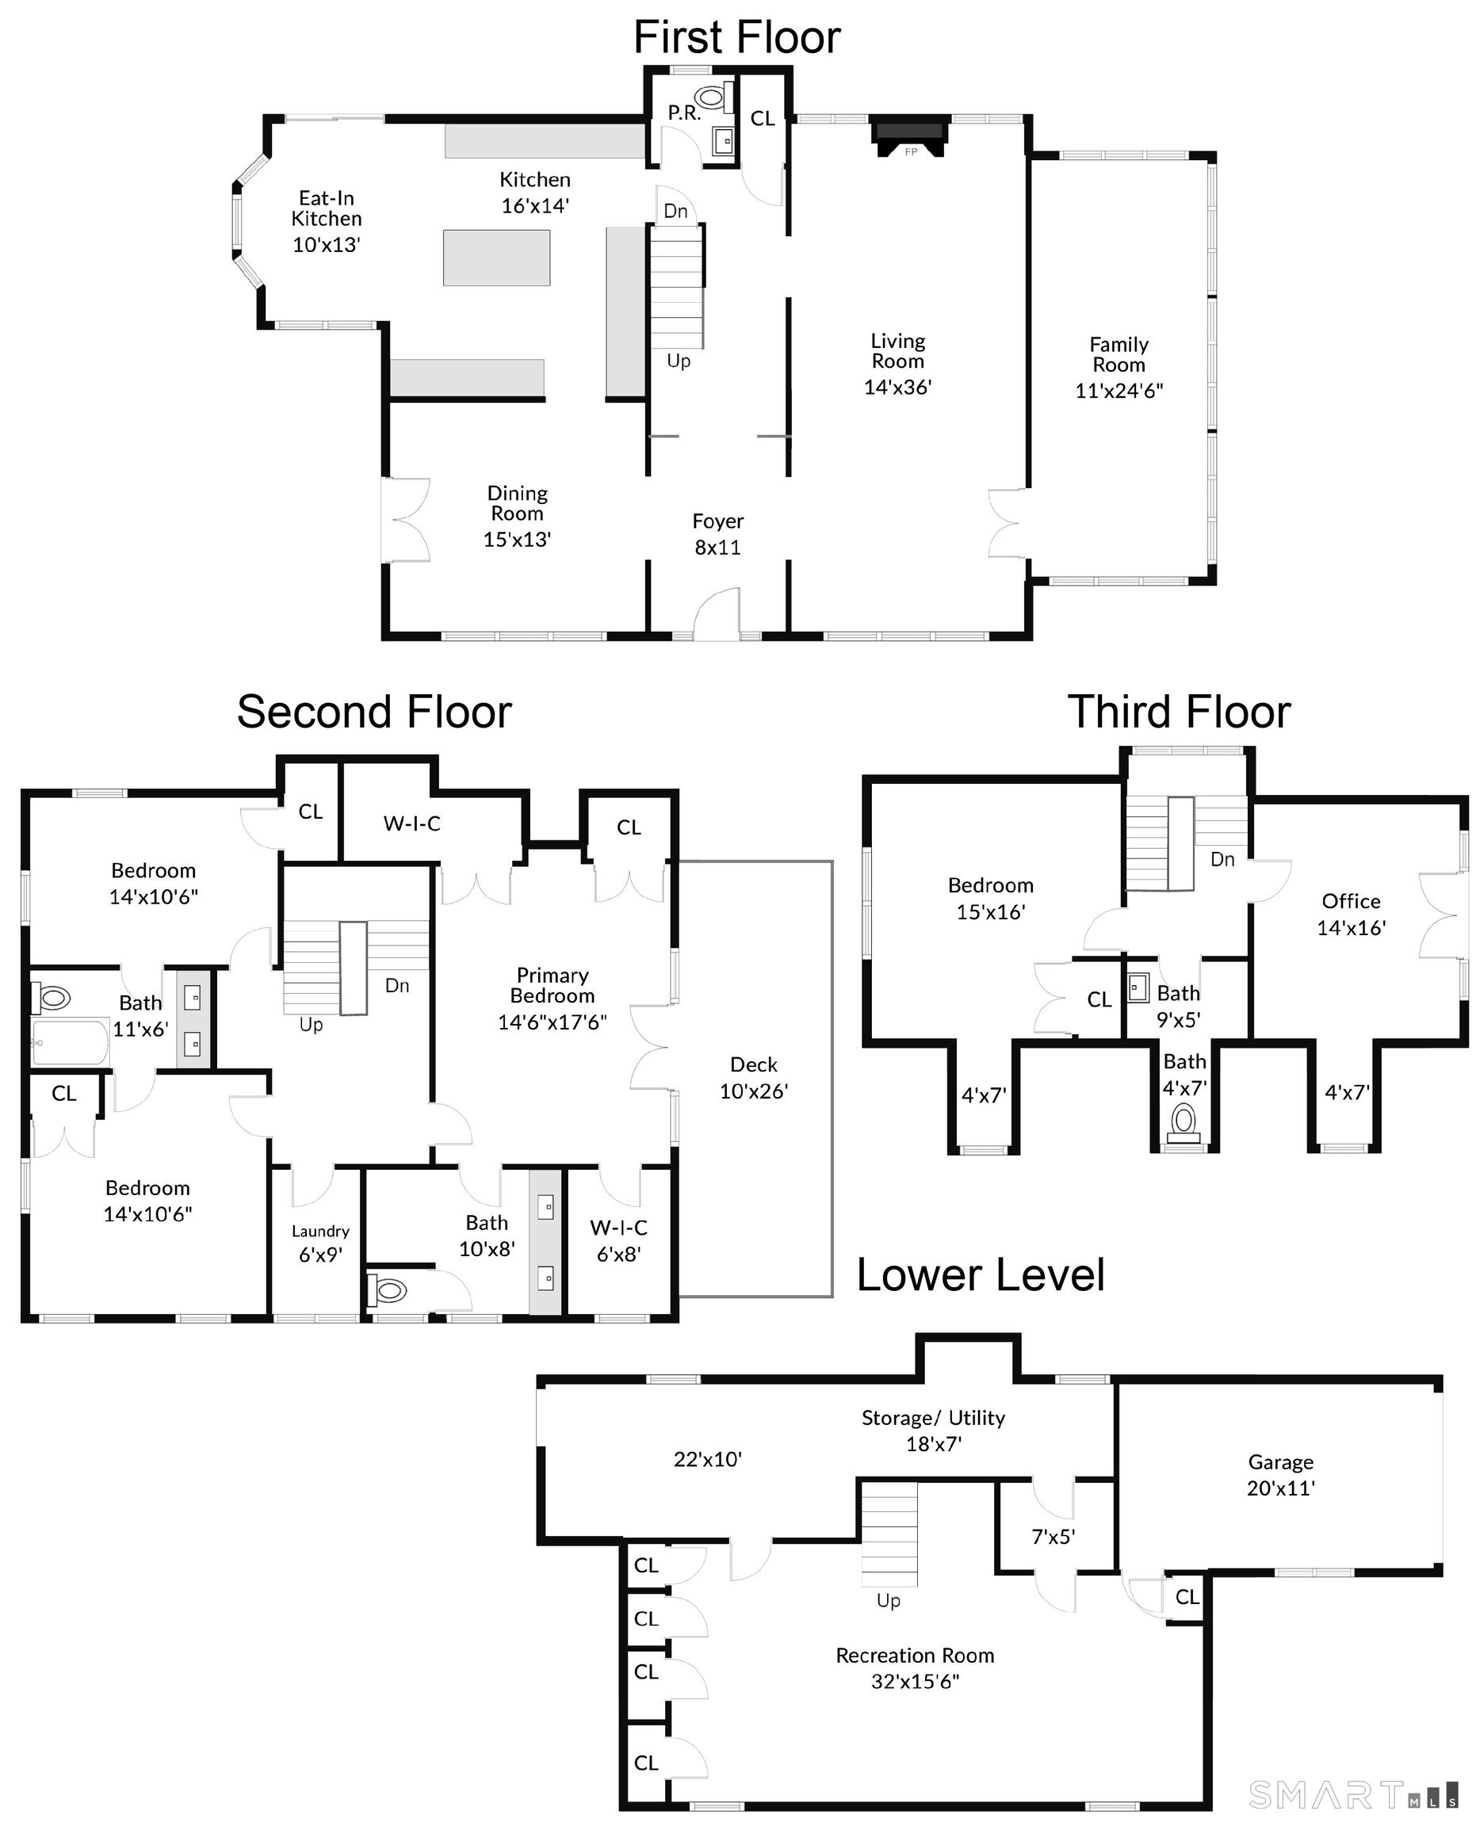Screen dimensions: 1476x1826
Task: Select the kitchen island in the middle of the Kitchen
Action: click(495, 258)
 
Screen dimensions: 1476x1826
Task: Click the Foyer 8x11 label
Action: click(717, 534)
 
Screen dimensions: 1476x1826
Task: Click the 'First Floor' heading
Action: click(737, 37)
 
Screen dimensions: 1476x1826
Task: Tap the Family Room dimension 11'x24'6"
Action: click(1119, 390)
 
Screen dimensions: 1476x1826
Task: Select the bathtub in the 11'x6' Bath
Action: click(71, 1041)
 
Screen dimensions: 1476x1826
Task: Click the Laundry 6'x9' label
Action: click(320, 1243)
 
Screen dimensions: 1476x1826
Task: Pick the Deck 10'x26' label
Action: click(754, 1078)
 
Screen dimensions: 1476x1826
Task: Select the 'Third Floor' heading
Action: click(1180, 712)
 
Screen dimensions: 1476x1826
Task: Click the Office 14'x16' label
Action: click(1351, 915)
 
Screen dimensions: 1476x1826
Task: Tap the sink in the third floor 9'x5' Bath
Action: click(1138, 988)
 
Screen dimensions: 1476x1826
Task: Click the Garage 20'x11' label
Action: click(1280, 1475)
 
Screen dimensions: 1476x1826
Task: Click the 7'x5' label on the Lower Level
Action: click(1053, 1536)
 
